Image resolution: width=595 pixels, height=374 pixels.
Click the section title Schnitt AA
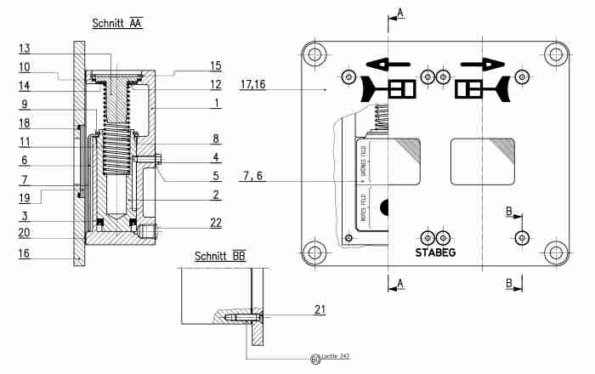(117, 23)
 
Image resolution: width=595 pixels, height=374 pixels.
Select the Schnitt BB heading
(220, 256)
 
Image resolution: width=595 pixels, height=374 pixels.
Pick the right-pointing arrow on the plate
(479, 64)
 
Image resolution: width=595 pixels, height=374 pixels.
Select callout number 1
(218, 103)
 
